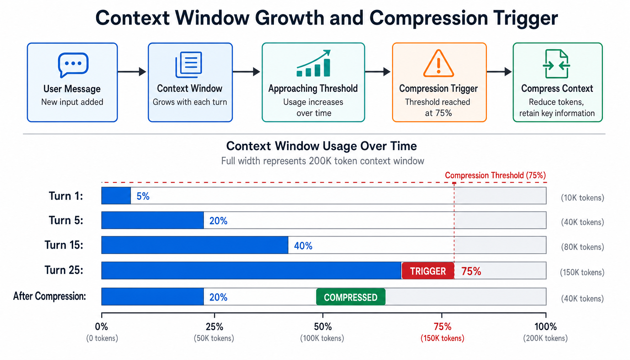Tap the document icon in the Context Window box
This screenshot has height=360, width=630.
pyautogui.click(x=189, y=64)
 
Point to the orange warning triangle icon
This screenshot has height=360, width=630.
pyautogui.click(x=438, y=64)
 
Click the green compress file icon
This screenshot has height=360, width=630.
pyautogui.click(x=557, y=64)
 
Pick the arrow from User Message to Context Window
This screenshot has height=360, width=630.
pyautogui.click(x=132, y=72)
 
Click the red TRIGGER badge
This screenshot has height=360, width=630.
pyautogui.click(x=428, y=271)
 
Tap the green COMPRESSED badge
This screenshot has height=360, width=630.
pyautogui.click(x=351, y=297)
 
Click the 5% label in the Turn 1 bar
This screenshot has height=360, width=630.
pyautogui.click(x=143, y=196)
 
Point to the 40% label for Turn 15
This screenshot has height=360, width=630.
pyautogui.click(x=303, y=246)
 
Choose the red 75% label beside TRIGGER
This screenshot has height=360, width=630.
pyautogui.click(x=471, y=271)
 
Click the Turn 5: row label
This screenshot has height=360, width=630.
pyautogui.click(x=66, y=220)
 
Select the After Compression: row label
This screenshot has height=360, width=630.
pyautogui.click(x=50, y=296)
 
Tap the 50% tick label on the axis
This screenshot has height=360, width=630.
pyautogui.click(x=323, y=327)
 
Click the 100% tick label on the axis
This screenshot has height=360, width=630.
pyautogui.click(x=546, y=327)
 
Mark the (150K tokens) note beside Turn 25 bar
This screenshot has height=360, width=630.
pyautogui.click(x=582, y=272)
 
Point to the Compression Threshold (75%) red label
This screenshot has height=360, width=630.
pyautogui.click(x=495, y=175)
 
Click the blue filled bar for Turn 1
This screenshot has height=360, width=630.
pyautogui.click(x=116, y=196)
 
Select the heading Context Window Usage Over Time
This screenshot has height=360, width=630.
pyautogui.click(x=321, y=146)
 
